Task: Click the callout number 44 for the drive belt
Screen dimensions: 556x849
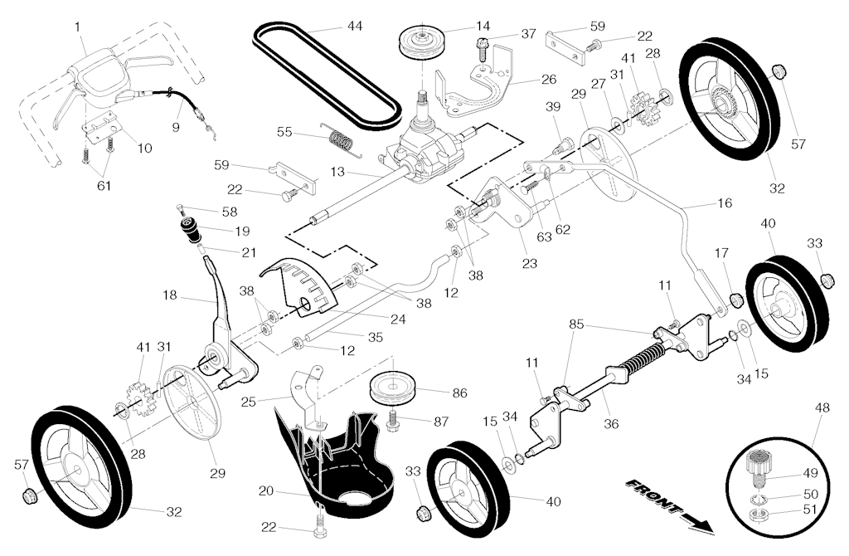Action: tap(355, 27)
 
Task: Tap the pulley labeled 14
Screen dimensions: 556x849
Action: tap(420, 41)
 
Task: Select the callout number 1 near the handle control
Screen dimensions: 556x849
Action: tap(77, 27)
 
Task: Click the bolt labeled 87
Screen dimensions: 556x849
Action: tap(395, 422)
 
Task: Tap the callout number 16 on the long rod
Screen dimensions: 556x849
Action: tap(725, 202)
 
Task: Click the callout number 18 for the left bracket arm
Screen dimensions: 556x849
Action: tap(170, 294)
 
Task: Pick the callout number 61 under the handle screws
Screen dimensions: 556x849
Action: tap(104, 185)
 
